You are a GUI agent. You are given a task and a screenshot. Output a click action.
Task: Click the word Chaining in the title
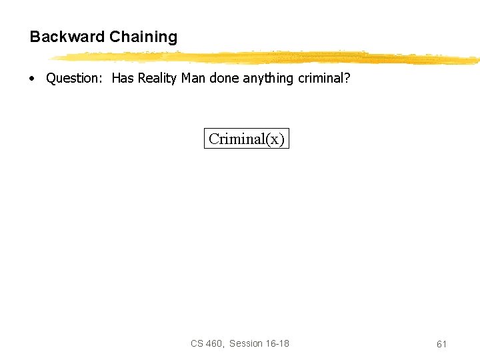pyautogui.click(x=143, y=37)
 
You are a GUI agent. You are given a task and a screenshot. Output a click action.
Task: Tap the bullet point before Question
pyautogui.click(x=32, y=79)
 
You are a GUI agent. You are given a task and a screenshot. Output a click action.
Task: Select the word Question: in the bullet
pyautogui.click(x=73, y=79)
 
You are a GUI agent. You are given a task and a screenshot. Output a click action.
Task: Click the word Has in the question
pyautogui.click(x=123, y=79)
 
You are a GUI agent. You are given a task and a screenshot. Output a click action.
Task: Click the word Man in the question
pyautogui.click(x=193, y=79)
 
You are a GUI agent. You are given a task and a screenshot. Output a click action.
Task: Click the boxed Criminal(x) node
pyautogui.click(x=247, y=139)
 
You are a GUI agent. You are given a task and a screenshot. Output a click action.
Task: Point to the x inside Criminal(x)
pyautogui.click(x=274, y=139)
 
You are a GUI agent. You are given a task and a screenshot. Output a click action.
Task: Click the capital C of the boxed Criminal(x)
pyautogui.click(x=214, y=139)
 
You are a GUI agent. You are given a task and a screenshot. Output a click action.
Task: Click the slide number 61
pyautogui.click(x=441, y=344)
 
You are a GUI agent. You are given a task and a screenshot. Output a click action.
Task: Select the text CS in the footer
pyautogui.click(x=197, y=343)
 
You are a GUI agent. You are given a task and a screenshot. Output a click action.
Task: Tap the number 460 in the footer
pyautogui.click(x=215, y=343)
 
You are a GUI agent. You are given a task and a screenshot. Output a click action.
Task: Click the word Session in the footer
pyautogui.click(x=246, y=343)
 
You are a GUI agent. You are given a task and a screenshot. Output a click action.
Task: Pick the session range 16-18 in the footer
pyautogui.click(x=277, y=343)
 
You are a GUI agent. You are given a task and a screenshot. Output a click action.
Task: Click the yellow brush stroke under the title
pyautogui.click(x=267, y=58)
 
